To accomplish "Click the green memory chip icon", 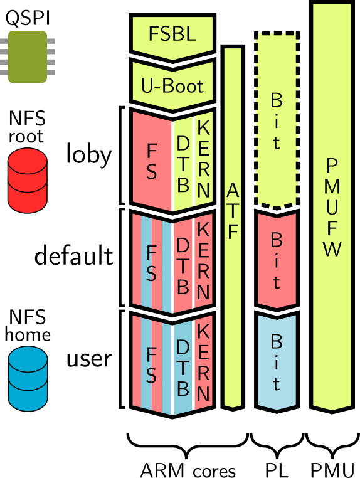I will pos(28,56).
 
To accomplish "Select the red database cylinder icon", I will pos(28,180).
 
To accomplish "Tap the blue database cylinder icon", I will pos(28,378).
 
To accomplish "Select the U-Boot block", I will pos(172,85).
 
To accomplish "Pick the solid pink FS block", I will pos(152,161).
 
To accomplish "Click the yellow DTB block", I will pos(183,163).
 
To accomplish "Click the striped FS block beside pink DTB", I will pos(152,263).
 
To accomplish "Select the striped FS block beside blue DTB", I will pos(152,365).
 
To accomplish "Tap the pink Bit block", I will pos(276,260).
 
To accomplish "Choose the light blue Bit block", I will pos(276,362).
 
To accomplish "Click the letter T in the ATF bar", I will pos(233,211).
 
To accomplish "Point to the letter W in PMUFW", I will pos(332,249).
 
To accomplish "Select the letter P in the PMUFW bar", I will pos(332,166).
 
